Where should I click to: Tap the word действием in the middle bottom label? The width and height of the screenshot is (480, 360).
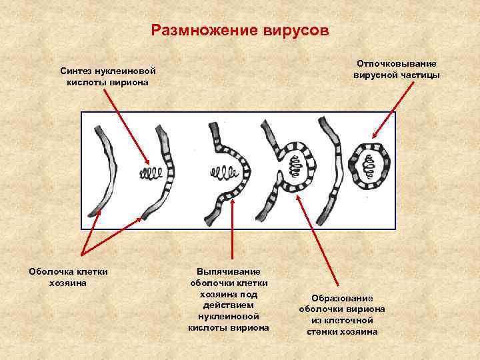(x=229, y=305)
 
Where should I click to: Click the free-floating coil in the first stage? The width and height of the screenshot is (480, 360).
(x=150, y=175)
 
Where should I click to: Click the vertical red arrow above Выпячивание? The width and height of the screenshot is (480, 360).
(x=232, y=227)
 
